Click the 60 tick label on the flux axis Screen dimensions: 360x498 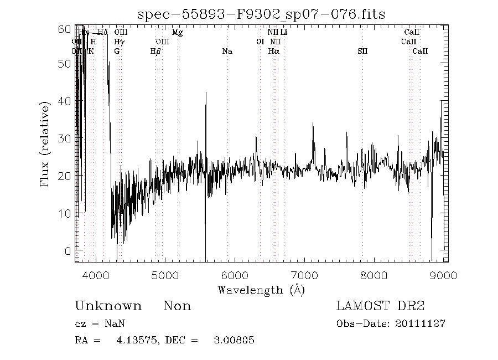coord(65,28)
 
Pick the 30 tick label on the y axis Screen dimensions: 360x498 coord(65,138)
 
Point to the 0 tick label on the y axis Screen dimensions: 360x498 coord(68,250)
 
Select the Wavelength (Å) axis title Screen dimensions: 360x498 coord(261,290)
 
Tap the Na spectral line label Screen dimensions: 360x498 coord(227,52)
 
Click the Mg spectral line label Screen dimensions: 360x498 coord(177,33)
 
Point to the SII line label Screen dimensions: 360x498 coord(362,52)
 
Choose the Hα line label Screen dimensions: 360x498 coord(273,52)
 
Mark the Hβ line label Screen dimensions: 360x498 coord(156,52)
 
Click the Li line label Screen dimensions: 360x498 coord(283,33)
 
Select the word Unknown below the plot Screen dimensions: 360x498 coord(108,306)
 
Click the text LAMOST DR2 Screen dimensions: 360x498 coord(380,306)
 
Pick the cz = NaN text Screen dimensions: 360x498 coord(96,324)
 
